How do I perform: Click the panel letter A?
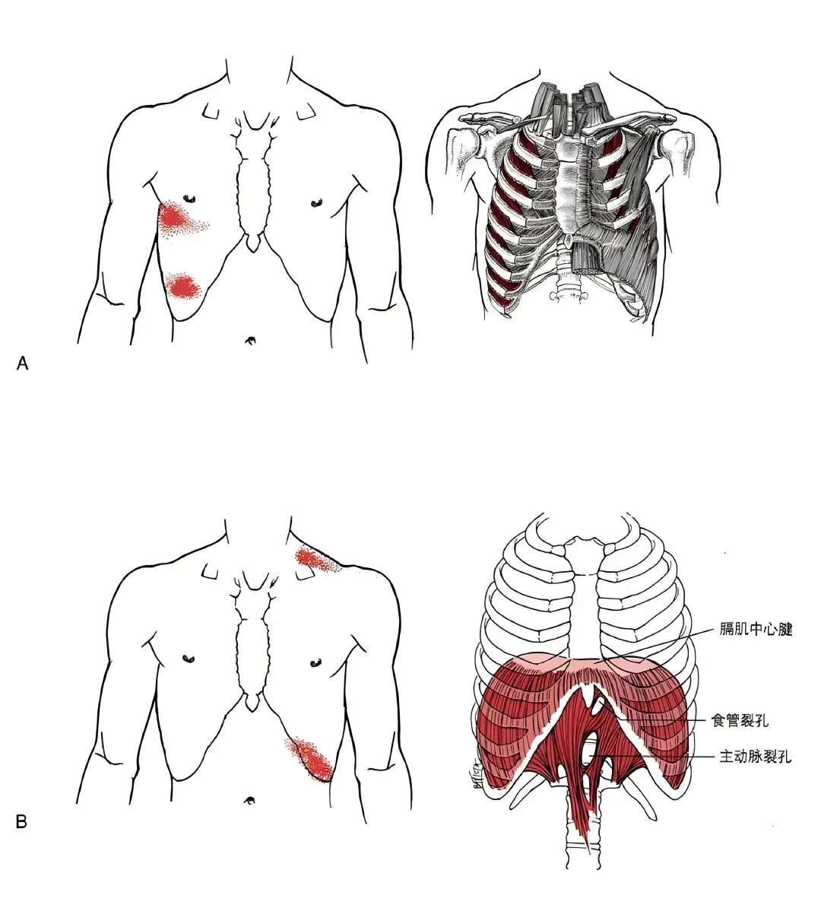coord(22,364)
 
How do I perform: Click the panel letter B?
coord(22,821)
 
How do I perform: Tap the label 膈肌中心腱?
coord(756,630)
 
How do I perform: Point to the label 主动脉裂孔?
coord(755,757)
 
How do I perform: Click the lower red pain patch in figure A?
coord(182,286)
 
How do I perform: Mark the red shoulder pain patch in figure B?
coord(312,561)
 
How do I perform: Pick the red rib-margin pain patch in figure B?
coord(311,757)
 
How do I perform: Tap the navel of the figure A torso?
coord(250,341)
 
